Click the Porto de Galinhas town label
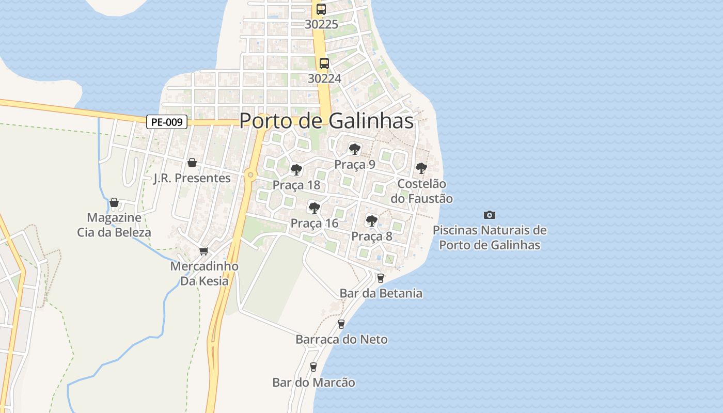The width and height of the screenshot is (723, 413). (x=326, y=121)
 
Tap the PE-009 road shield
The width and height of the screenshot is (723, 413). (x=166, y=122)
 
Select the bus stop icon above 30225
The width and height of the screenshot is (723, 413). (x=321, y=9)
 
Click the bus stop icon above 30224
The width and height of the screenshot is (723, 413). (x=324, y=63)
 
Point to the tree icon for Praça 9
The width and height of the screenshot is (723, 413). (x=354, y=149)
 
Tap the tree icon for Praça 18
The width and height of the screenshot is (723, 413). (x=296, y=169)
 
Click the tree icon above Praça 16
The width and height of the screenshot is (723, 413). (x=313, y=208)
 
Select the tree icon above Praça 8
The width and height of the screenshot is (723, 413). (x=371, y=221)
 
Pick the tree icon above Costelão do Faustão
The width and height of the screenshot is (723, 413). (x=421, y=168)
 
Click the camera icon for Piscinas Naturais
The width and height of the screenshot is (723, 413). (x=489, y=215)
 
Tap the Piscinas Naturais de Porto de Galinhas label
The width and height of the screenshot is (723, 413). (x=490, y=237)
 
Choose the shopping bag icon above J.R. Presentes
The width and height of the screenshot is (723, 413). (x=192, y=163)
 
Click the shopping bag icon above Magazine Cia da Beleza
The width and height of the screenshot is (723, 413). (x=114, y=202)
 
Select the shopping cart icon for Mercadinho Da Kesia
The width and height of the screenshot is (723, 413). (x=203, y=251)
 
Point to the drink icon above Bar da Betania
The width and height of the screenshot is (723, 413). (x=381, y=278)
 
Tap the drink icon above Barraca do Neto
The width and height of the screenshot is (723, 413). (x=341, y=324)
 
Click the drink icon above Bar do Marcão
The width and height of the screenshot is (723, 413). (x=313, y=367)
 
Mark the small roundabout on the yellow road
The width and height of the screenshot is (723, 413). (x=251, y=175)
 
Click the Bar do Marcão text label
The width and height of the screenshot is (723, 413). (x=313, y=383)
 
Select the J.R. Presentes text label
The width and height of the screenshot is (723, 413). (x=192, y=178)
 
